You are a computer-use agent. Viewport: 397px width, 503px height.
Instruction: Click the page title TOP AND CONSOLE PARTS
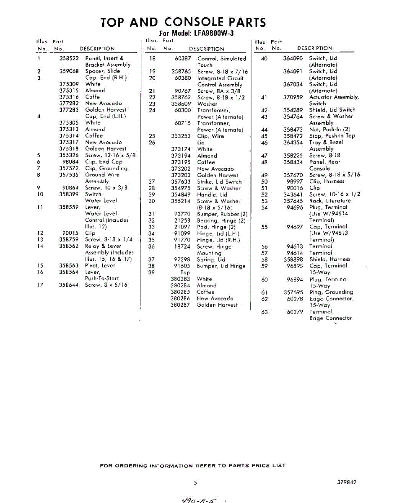point(183,22)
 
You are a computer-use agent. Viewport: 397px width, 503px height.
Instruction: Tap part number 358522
point(69,58)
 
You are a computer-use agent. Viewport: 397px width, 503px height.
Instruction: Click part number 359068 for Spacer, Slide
point(69,71)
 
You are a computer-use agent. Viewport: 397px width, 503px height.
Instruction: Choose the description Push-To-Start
point(102,278)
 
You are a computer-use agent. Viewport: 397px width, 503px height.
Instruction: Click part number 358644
point(69,285)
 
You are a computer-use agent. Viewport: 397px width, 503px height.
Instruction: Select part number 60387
point(182,59)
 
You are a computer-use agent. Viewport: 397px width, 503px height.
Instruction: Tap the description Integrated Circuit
point(220,78)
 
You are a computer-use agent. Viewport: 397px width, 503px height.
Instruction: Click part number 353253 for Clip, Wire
point(181,136)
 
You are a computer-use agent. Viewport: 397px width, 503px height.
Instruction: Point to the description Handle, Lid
point(212,195)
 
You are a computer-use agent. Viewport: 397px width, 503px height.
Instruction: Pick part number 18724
point(182,247)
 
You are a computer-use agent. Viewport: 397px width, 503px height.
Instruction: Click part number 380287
point(180,305)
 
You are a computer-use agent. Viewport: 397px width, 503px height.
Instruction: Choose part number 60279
point(295,312)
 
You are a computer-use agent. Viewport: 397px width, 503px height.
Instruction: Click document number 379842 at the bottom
point(347,482)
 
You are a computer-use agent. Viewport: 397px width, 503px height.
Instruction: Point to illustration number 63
point(264,312)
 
